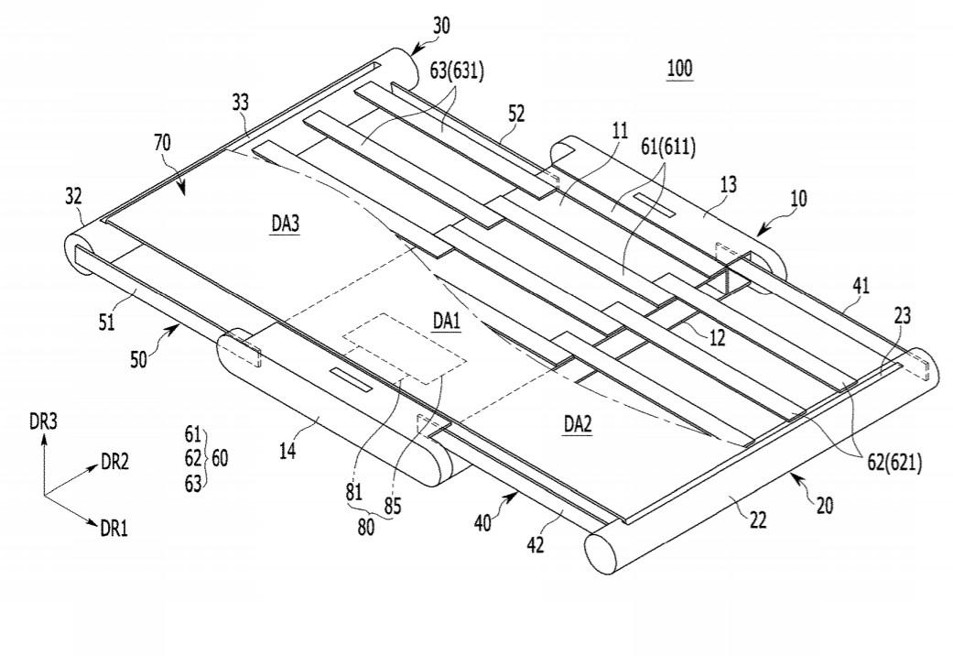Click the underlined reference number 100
[x=680, y=69]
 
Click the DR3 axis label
[x=44, y=422]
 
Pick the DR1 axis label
[x=114, y=527]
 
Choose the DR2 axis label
[x=115, y=463]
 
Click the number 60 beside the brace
[x=220, y=458]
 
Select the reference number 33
[x=240, y=104]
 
